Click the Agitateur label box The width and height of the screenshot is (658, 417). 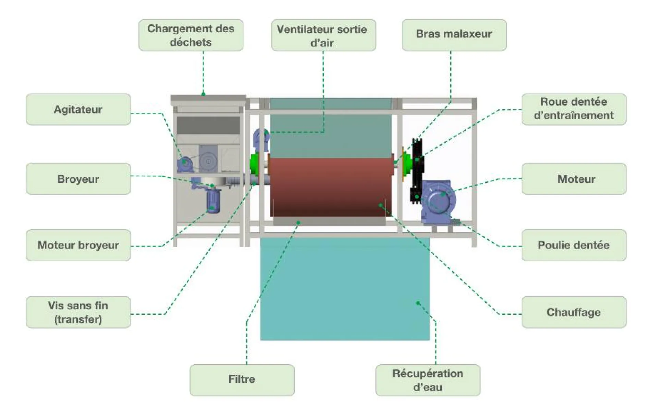(78, 109)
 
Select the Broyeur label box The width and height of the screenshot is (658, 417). (78, 179)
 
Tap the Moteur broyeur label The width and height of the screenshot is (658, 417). (78, 245)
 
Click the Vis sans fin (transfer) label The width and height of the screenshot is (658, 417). (78, 312)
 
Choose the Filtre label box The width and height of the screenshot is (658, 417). (242, 380)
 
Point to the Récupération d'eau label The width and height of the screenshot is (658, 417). (428, 380)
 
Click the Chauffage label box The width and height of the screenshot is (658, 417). (574, 312)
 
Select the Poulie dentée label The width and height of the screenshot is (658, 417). (574, 245)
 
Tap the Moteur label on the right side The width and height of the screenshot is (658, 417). (574, 179)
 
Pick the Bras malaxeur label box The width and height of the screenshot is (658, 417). (454, 35)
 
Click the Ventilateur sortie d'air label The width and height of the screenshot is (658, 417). (323, 35)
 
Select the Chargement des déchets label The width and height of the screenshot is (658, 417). (191, 35)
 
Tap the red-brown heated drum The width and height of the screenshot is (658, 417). (331, 187)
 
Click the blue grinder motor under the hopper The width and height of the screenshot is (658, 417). (213, 202)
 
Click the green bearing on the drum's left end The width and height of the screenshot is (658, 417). (254, 164)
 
